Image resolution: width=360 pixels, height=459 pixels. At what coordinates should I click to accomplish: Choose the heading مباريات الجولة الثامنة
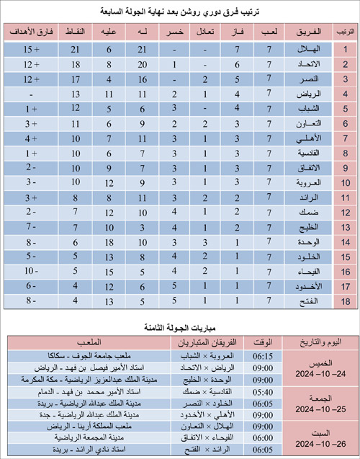(x=181, y=327)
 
